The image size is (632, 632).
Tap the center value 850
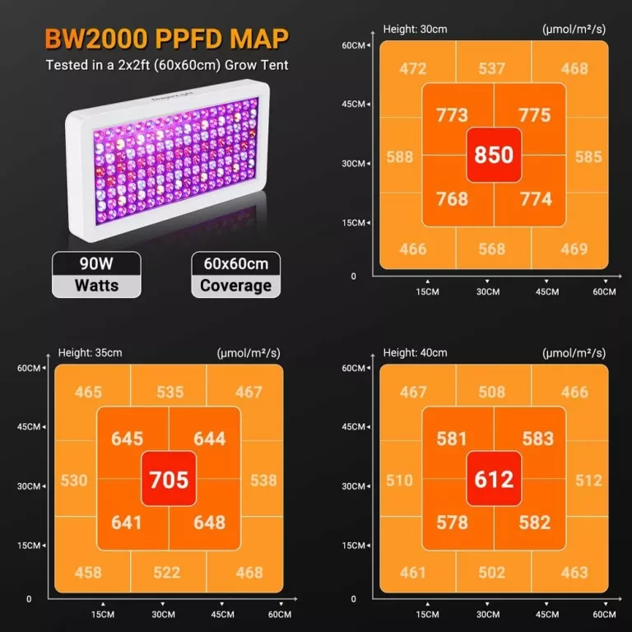click(494, 155)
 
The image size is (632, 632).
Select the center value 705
click(169, 479)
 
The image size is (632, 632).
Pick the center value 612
click(494, 479)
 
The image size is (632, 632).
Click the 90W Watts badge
click(96, 275)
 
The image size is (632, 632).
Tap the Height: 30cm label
click(416, 29)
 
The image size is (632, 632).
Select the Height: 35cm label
click(90, 353)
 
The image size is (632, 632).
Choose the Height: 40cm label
click(416, 353)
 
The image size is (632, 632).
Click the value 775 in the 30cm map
click(535, 115)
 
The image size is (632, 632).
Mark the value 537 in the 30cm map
click(491, 69)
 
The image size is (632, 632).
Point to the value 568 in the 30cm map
click(491, 249)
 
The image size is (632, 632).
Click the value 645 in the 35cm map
click(127, 439)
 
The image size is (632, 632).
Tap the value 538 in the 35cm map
click(263, 480)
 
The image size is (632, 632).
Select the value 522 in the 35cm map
click(168, 573)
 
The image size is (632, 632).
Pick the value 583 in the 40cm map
click(537, 439)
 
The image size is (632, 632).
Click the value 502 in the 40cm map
click(491, 573)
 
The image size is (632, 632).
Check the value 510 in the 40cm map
click(400, 480)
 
